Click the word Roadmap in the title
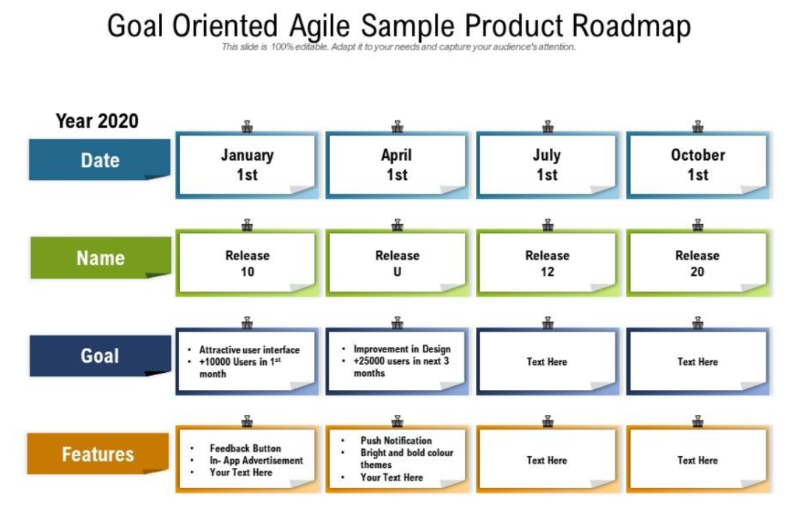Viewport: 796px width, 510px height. tap(632, 27)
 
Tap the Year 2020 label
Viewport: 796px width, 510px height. tap(97, 121)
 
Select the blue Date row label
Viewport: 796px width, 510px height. tap(99, 160)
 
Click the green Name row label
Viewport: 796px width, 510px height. tap(99, 258)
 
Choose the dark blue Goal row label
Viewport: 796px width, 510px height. tap(99, 356)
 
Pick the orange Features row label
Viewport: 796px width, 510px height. tap(98, 454)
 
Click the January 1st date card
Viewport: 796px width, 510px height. tap(247, 165)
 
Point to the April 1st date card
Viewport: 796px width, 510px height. tap(397, 165)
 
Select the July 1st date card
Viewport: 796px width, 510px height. tap(547, 165)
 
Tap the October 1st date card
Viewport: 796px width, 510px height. tap(697, 165)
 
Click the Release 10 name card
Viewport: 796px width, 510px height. tap(247, 263)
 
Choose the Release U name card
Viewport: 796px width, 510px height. tap(397, 263)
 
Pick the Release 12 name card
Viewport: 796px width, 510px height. tap(547, 263)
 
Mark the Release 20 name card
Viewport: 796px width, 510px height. tap(697, 263)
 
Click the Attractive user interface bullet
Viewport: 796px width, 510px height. tap(249, 350)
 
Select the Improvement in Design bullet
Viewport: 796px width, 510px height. tap(402, 349)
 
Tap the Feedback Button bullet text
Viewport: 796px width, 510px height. tap(245, 448)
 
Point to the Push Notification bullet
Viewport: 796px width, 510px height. tap(396, 441)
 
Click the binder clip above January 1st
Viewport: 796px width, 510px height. tap(247, 127)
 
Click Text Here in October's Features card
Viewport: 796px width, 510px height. tap(697, 460)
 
